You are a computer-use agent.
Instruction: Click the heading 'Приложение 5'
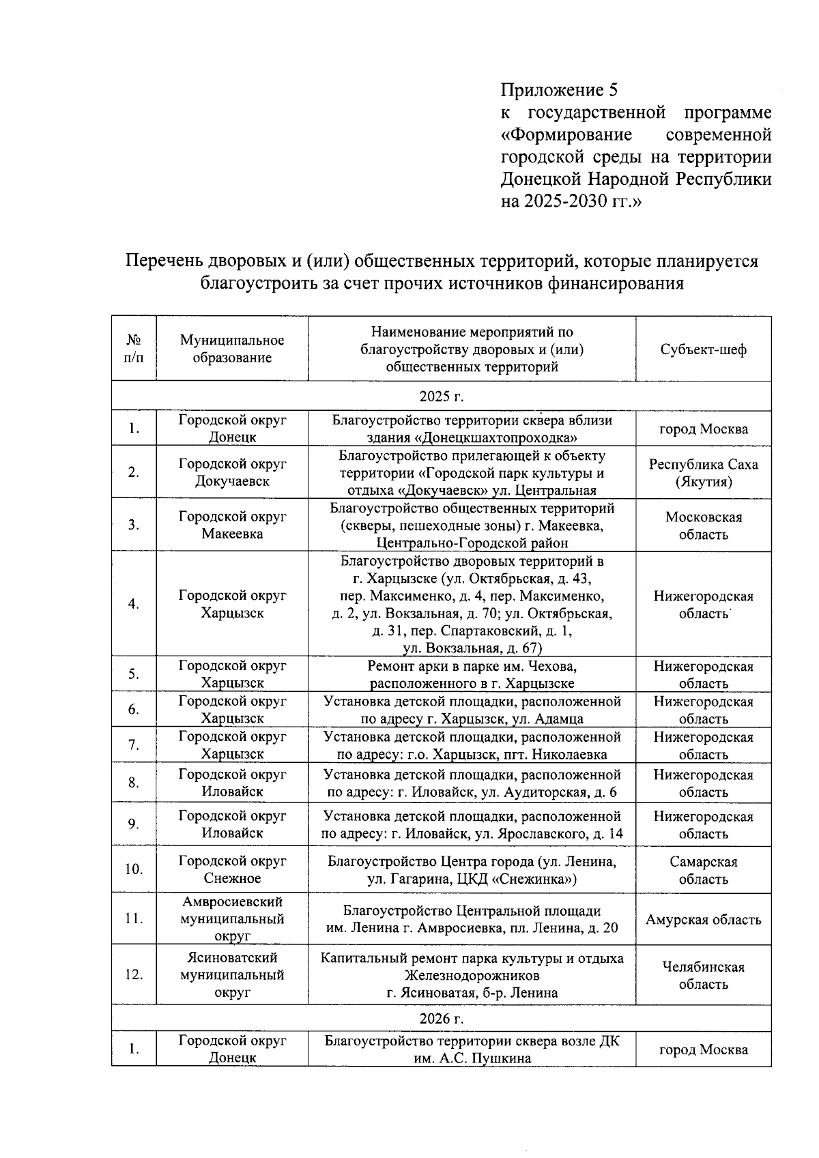(x=559, y=90)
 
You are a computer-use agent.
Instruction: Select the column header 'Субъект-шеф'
(x=703, y=349)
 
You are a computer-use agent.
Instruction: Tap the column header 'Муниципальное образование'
(x=232, y=349)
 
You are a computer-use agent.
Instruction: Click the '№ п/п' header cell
(x=134, y=349)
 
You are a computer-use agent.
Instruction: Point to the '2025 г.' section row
(x=441, y=396)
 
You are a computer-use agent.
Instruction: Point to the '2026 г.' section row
(x=441, y=1018)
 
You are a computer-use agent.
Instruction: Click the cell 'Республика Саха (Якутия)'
(x=703, y=473)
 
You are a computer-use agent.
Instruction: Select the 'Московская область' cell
(x=703, y=525)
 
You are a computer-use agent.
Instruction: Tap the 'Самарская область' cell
(x=703, y=870)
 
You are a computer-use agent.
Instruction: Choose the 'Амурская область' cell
(x=703, y=920)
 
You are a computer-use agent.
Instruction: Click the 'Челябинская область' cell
(x=703, y=975)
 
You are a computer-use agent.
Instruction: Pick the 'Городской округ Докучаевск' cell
(x=232, y=472)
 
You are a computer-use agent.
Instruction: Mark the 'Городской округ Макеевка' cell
(x=232, y=525)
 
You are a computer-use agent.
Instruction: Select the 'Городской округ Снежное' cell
(x=232, y=869)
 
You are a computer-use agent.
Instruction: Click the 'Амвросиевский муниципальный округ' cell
(x=232, y=918)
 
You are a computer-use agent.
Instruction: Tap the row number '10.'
(x=134, y=869)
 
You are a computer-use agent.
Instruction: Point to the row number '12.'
(x=134, y=975)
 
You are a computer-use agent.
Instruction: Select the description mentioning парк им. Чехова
(x=472, y=674)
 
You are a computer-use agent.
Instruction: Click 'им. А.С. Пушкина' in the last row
(x=472, y=1058)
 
